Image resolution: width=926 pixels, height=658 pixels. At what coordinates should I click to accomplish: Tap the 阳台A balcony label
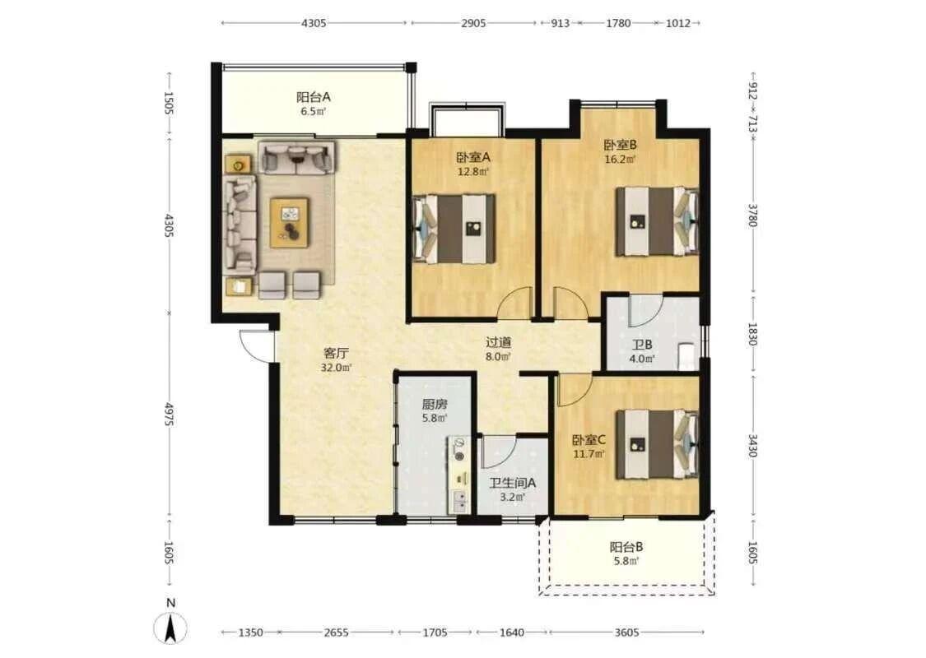[x=313, y=97]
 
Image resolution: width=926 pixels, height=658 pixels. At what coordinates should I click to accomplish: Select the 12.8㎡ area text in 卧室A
[x=473, y=172]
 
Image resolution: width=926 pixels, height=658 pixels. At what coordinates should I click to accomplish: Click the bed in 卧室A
[x=454, y=229]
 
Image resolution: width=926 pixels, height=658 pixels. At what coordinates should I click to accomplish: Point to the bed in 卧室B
[x=658, y=221]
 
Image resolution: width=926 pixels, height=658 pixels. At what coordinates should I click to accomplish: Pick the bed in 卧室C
[x=658, y=444]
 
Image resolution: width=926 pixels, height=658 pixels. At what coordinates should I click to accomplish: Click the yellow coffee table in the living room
[x=290, y=222]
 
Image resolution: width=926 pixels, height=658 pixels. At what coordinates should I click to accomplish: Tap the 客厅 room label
[x=336, y=353]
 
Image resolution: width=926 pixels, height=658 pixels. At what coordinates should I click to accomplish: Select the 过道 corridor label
[x=499, y=342]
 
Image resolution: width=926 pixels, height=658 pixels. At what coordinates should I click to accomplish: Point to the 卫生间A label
[x=512, y=483]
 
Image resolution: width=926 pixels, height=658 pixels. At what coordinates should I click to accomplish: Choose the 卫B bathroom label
[x=642, y=345]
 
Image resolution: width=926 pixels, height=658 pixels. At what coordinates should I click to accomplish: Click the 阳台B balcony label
[x=626, y=547]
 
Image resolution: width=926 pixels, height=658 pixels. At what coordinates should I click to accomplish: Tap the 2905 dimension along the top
[x=473, y=23]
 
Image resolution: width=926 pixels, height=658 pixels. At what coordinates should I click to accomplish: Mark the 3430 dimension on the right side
[x=752, y=446]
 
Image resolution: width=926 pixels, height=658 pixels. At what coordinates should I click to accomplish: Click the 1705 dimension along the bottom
[x=435, y=633]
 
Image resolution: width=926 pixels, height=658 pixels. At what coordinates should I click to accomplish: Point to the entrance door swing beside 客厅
[x=256, y=345]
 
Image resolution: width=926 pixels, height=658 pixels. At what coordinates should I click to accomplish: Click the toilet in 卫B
[x=687, y=356]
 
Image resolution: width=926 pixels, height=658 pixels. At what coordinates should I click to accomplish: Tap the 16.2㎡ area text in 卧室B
[x=620, y=160]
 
